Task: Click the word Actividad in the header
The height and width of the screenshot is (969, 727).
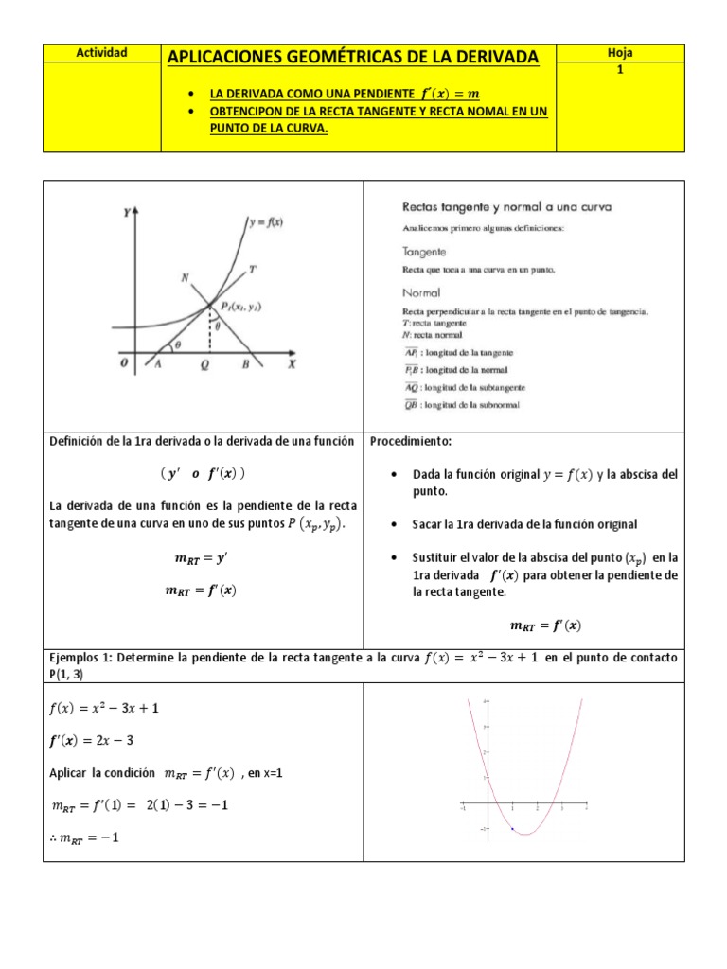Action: click(101, 53)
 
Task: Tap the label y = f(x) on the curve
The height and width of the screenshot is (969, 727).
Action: click(269, 223)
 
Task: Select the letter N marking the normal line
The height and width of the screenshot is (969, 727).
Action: click(185, 277)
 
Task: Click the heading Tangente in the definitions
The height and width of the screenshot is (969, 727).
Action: click(424, 253)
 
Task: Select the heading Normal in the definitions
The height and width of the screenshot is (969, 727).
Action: click(421, 292)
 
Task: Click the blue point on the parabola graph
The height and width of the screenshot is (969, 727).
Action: click(513, 829)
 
